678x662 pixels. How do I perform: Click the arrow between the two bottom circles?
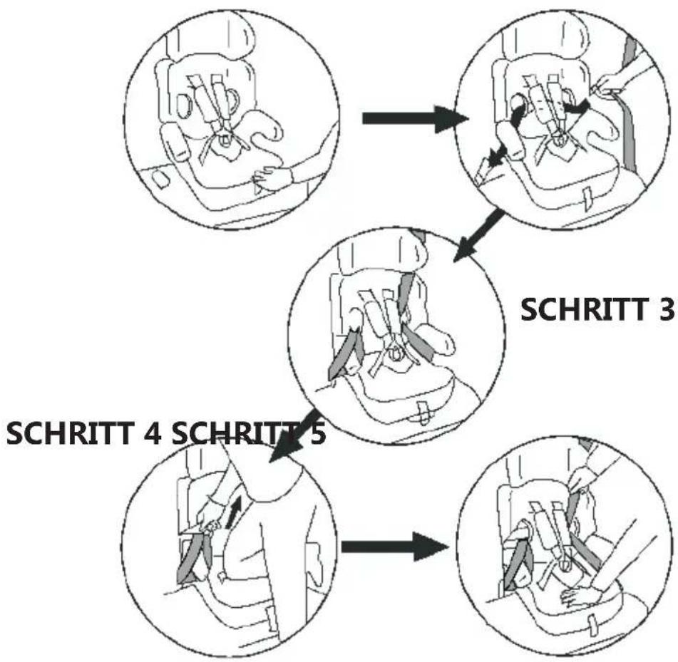pos(394,547)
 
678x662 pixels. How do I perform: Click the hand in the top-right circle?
pos(613,84)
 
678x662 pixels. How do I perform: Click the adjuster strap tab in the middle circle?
pos(423,411)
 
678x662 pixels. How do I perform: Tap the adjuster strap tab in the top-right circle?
pos(588,197)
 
